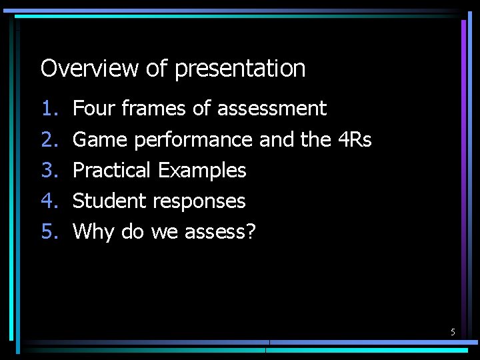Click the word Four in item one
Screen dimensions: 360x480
tap(91, 108)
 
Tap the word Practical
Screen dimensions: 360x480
tap(111, 170)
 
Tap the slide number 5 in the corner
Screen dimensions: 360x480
tap(453, 332)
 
